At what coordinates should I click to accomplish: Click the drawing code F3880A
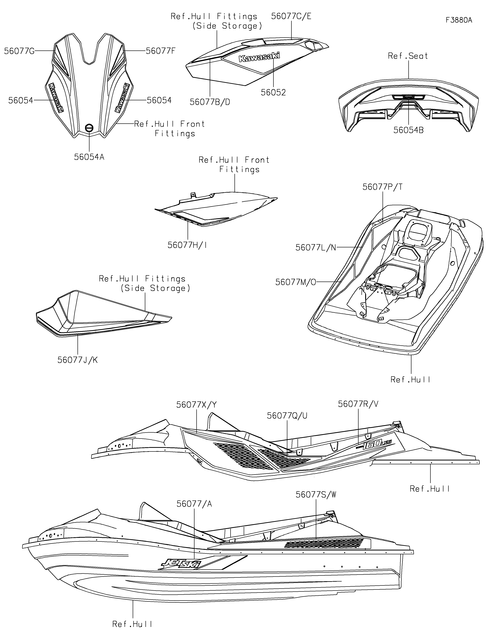(459, 20)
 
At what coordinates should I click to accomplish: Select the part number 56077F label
(161, 51)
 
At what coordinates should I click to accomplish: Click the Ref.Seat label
(408, 56)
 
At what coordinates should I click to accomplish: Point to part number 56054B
(409, 130)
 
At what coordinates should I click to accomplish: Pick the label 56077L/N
(316, 248)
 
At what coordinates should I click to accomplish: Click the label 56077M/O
(296, 282)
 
